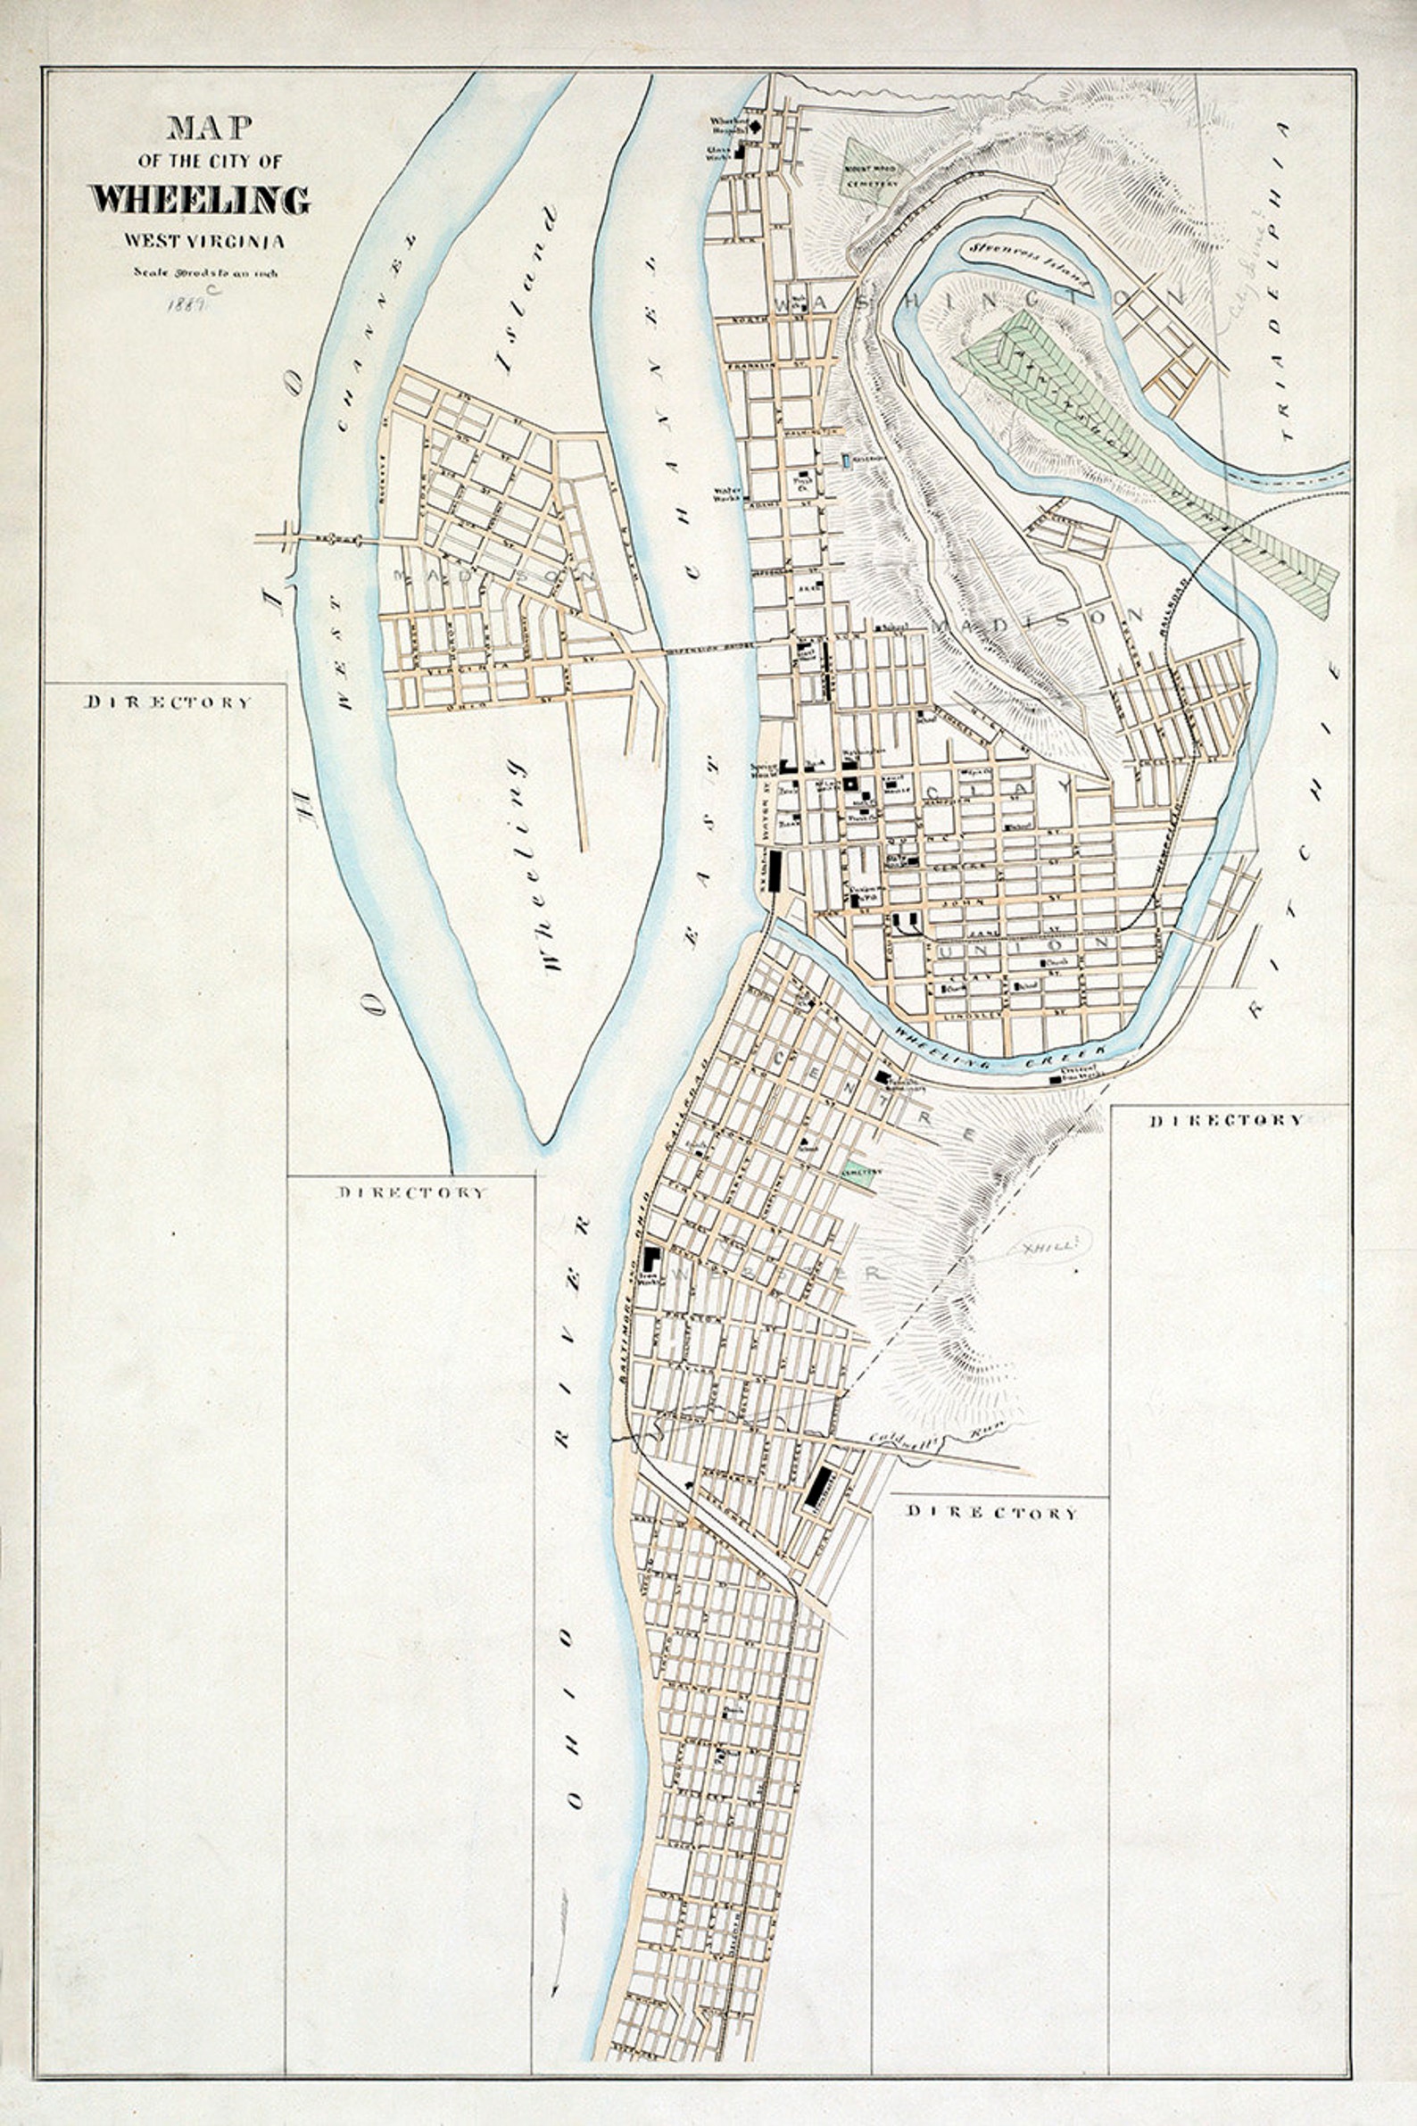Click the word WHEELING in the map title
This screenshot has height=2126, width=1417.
tap(200, 200)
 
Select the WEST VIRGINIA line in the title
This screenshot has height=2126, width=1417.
tap(205, 240)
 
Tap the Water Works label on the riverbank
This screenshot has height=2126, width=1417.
tap(727, 494)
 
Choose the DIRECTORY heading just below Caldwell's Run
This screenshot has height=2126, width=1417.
tap(991, 1511)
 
